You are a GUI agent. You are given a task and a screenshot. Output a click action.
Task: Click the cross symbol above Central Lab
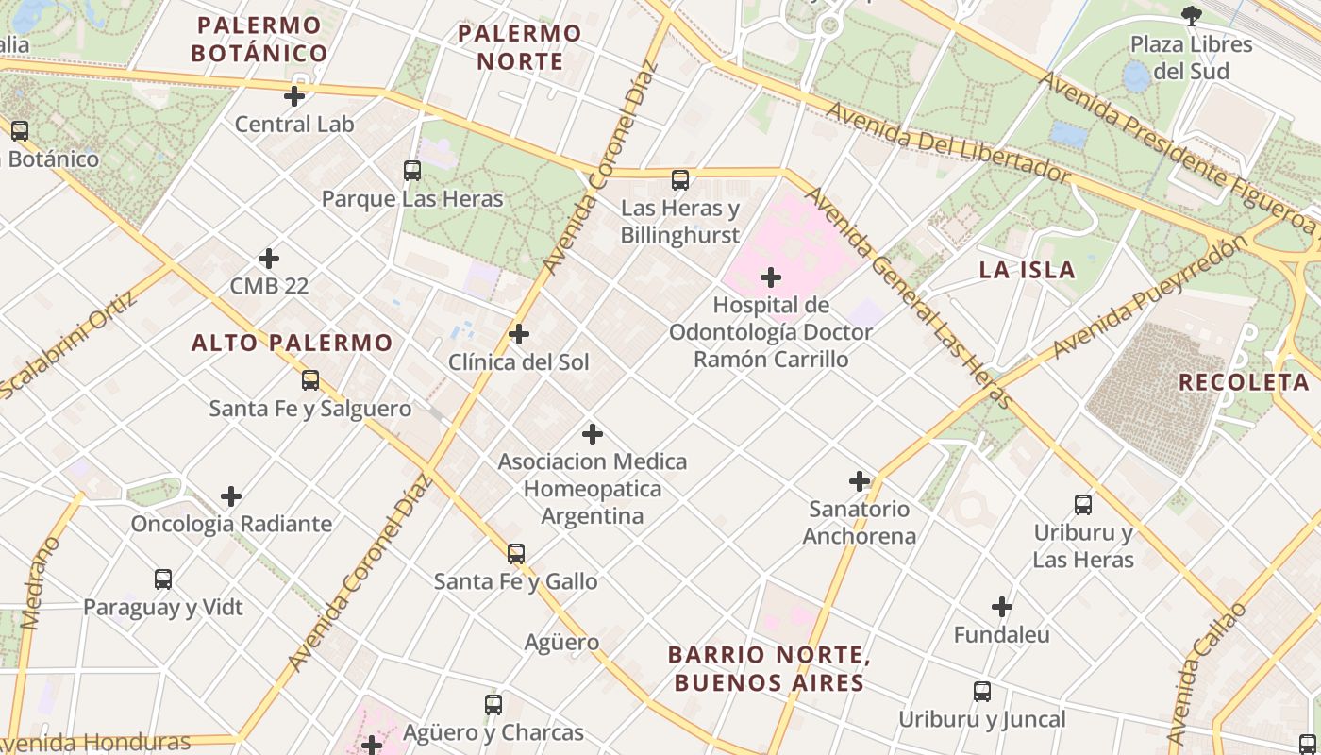[294, 96]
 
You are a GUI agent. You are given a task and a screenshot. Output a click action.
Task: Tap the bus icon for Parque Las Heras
[412, 171]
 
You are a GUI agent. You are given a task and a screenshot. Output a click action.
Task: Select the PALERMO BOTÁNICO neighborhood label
[259, 40]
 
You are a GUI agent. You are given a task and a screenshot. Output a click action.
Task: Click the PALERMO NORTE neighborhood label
[519, 47]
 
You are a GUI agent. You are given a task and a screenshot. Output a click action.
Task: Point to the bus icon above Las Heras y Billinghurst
[680, 179]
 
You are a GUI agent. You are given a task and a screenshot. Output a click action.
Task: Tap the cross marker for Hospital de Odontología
[771, 277]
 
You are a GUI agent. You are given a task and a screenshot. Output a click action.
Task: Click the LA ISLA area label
[1027, 270]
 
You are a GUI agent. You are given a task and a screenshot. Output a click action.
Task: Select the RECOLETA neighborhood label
[1244, 382]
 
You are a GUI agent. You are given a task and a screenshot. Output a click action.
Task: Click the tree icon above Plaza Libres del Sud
[1192, 15]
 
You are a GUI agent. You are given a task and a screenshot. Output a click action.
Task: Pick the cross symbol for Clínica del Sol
[519, 334]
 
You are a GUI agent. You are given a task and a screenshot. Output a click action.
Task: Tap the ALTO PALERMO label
[292, 343]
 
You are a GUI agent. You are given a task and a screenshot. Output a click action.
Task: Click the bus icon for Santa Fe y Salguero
[310, 380]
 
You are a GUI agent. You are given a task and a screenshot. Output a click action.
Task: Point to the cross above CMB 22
[269, 259]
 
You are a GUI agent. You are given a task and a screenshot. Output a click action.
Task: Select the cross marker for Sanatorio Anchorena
[860, 481]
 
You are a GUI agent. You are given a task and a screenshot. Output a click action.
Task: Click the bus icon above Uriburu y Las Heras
[1083, 505]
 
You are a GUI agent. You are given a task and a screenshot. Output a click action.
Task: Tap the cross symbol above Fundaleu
[1002, 607]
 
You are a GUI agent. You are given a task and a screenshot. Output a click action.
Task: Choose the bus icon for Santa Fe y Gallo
[516, 554]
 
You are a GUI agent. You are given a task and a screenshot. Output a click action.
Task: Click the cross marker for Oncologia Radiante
[231, 496]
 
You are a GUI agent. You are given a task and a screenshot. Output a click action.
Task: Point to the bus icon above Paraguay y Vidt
[163, 579]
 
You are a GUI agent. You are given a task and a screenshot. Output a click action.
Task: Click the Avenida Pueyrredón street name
[1149, 297]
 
